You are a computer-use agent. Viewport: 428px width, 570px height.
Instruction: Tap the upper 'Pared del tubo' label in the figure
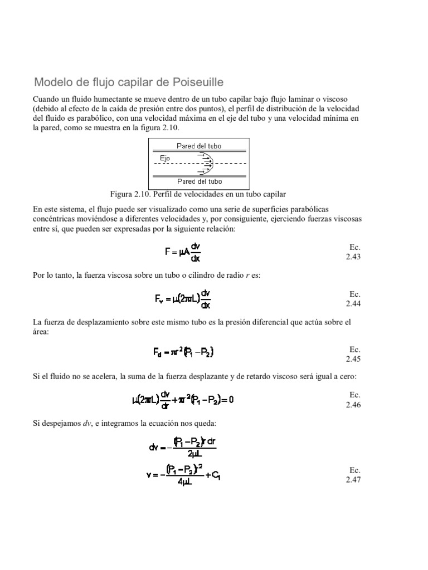199,146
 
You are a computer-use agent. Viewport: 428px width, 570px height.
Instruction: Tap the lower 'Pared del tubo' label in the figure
199,181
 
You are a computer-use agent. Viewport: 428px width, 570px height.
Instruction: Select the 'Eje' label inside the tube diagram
165,159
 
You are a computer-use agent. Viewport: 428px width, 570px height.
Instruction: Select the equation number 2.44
353,303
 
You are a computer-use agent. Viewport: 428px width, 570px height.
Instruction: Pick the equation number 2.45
353,359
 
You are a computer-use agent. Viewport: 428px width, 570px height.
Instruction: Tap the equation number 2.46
353,405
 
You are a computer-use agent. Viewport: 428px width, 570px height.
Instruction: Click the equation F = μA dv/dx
184,251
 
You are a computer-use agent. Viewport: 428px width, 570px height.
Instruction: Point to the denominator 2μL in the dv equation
194,454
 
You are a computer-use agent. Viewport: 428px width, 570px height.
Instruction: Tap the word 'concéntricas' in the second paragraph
57,219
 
